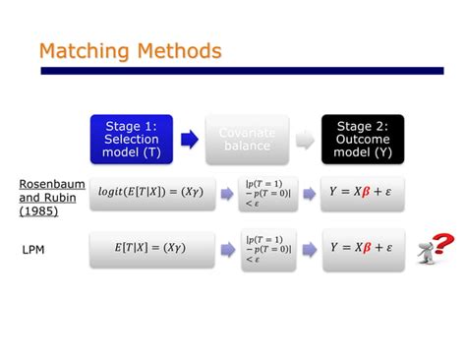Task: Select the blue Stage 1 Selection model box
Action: point(131,139)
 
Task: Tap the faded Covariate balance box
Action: point(247,139)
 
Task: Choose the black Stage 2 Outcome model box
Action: point(362,139)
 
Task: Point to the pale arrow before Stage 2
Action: point(305,140)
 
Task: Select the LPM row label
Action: point(34,251)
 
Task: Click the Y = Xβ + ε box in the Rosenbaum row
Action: point(362,194)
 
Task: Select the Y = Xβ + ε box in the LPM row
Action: point(362,249)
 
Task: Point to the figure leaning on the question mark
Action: point(425,254)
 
